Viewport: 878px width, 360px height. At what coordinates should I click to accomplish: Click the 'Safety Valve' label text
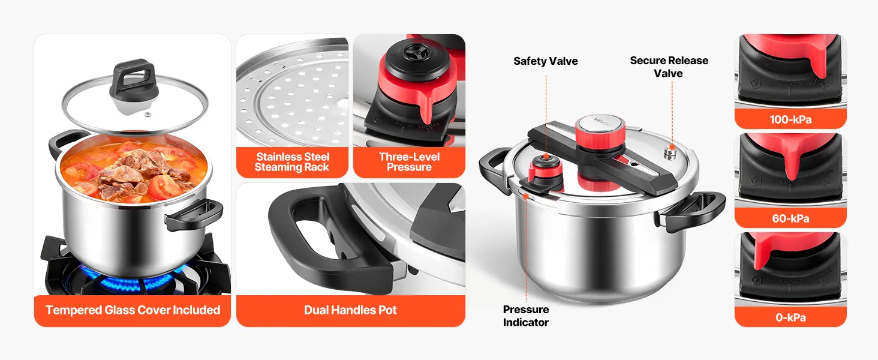coord(545,61)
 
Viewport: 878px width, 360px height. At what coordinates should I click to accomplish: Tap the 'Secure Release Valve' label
coord(669,67)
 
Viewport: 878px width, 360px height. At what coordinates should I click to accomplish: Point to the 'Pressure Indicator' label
coord(525,316)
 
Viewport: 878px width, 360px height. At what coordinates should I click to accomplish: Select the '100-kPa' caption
coord(790,119)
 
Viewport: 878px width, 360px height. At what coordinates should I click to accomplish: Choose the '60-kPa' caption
coord(790,218)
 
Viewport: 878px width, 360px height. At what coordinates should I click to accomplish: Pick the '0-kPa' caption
coord(790,317)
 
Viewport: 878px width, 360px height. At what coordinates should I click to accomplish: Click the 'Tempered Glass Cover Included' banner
coord(133,310)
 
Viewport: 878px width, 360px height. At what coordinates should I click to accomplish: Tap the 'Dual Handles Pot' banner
coord(350,310)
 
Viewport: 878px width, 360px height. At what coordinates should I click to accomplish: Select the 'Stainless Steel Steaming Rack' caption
coord(292,162)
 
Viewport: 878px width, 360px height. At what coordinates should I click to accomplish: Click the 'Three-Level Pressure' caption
coord(409,162)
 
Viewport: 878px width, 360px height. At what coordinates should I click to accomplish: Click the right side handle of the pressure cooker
coord(694,210)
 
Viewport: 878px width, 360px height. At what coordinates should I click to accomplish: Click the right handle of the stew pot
coord(194,214)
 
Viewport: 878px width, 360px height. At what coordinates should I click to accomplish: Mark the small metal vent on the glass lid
coord(148,115)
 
